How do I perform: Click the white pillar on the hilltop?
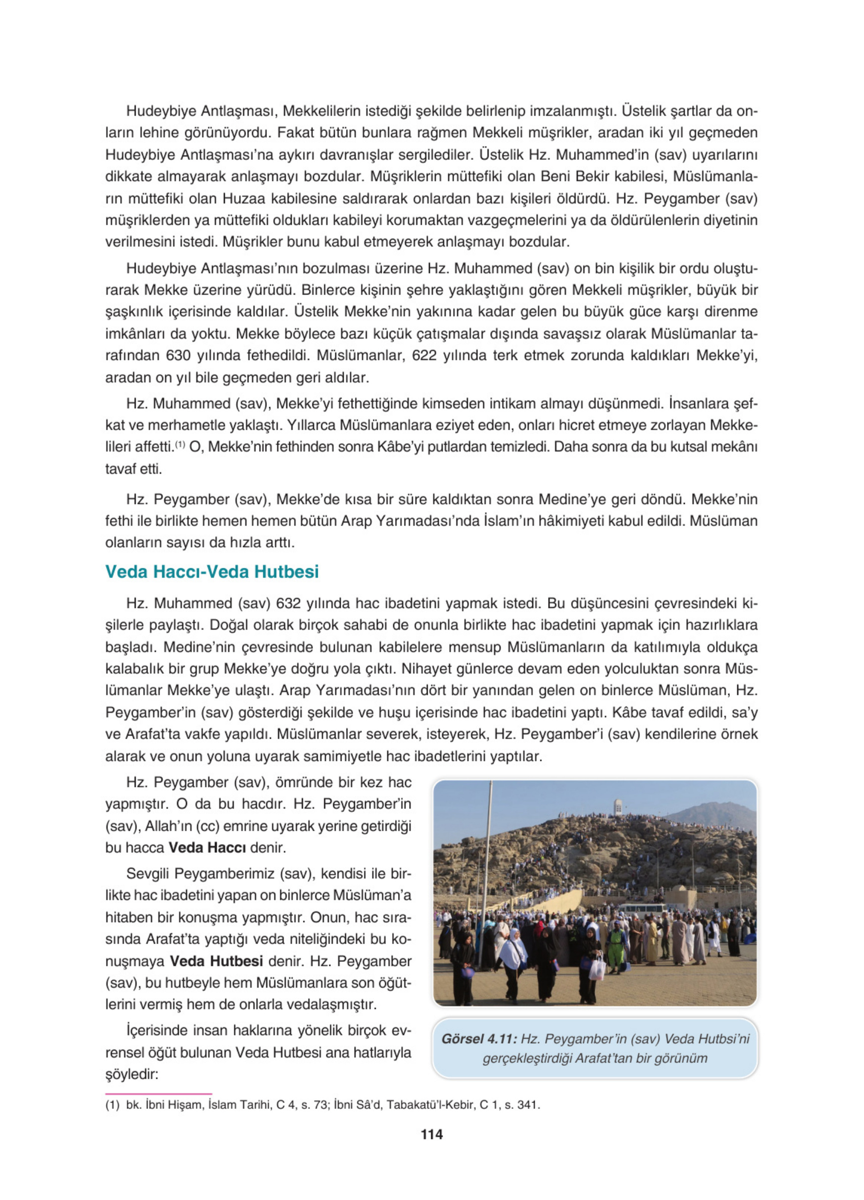coord(617,807)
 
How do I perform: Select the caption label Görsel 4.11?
coord(478,1039)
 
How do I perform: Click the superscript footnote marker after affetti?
coord(180,445)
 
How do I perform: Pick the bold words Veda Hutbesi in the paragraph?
coord(216,961)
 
